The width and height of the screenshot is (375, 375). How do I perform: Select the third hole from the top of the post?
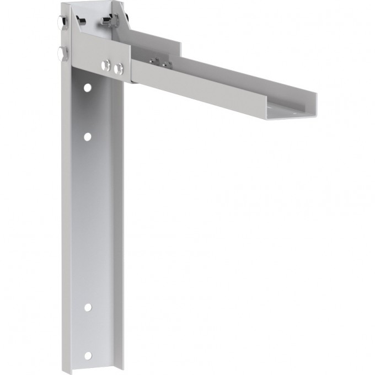coord(87,307)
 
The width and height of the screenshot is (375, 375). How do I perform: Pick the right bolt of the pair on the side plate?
coord(117,68)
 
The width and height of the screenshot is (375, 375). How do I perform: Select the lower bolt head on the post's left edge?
coord(60,53)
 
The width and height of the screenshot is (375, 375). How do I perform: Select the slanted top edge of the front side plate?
coord(99,39)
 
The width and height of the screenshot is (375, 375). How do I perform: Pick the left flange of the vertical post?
coord(66,221)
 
